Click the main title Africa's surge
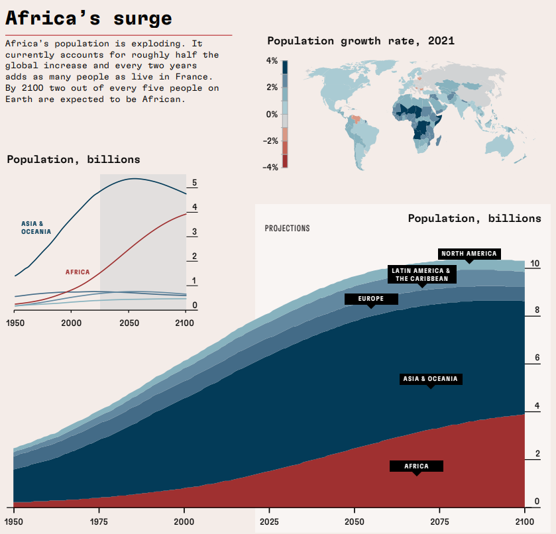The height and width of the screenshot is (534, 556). click(89, 18)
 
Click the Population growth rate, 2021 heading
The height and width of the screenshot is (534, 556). click(361, 41)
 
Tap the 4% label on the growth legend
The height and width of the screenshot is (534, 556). click(272, 60)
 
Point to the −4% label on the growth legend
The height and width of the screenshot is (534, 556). click(270, 167)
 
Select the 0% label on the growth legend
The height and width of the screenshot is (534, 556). click(272, 114)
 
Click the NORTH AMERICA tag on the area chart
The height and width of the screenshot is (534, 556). click(469, 254)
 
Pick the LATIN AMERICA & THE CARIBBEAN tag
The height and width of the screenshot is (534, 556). click(421, 274)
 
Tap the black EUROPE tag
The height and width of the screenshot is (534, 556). click(371, 299)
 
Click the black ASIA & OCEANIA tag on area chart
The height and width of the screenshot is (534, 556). click(430, 379)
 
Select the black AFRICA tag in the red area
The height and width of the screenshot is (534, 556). click(416, 466)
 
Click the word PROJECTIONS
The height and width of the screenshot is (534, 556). click(287, 229)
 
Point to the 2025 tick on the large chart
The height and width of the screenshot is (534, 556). click(269, 521)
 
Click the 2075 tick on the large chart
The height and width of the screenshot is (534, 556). click(439, 521)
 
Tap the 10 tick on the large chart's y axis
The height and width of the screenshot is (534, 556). click(535, 264)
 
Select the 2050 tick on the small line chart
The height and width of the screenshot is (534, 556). click(129, 323)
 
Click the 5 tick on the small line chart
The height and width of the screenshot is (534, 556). click(194, 182)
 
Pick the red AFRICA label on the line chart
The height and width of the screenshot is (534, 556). click(78, 272)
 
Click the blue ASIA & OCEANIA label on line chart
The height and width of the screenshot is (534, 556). click(36, 228)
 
